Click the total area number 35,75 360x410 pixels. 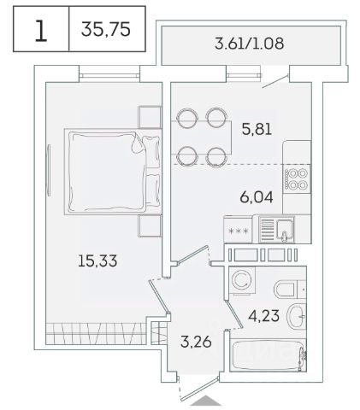[x=106, y=29]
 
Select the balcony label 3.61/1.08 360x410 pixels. [x=249, y=44]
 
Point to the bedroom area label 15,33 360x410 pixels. [x=97, y=261]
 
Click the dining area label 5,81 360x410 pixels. [x=257, y=129]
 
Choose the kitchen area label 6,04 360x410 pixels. [x=257, y=197]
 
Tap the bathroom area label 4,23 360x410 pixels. [x=263, y=316]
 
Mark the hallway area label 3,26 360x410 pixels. [x=196, y=342]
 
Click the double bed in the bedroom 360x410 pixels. [x=113, y=172]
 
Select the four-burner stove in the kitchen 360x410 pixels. [x=297, y=179]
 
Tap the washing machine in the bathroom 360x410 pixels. [x=242, y=280]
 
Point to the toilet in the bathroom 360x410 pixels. [x=289, y=289]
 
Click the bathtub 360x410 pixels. [x=268, y=355]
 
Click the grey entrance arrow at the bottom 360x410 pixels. [x=206, y=401]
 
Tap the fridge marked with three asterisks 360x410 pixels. [x=239, y=230]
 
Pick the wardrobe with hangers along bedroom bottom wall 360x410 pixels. [x=97, y=333]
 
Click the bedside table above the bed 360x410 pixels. [x=150, y=117]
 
